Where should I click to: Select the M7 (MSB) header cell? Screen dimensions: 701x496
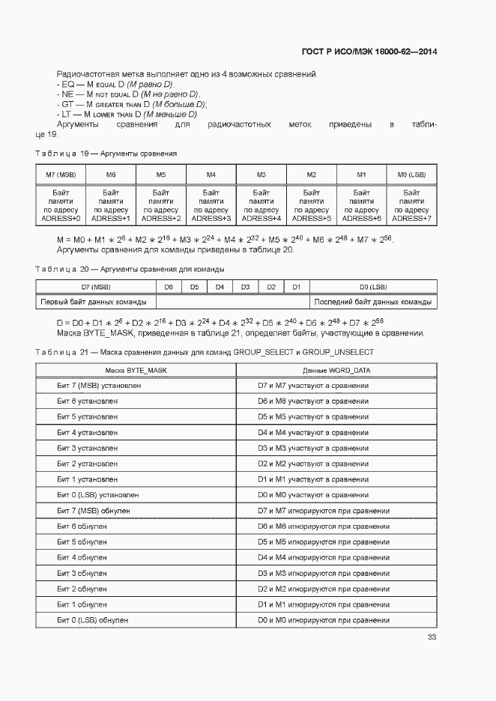point(61,175)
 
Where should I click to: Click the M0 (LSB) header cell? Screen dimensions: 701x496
point(411,175)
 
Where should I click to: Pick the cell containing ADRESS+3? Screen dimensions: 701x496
point(211,218)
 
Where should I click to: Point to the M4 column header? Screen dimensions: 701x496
point(211,175)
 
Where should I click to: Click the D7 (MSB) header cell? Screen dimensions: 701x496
point(96,287)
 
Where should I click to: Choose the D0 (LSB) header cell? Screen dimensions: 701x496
point(372,287)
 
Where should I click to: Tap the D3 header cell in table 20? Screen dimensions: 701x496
point(245,287)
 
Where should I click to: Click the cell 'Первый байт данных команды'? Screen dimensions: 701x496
point(96,302)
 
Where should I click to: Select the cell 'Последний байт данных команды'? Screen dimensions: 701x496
point(372,302)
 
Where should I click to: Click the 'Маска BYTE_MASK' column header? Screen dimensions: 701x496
point(136,371)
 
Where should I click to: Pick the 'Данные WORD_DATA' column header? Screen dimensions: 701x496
point(336,371)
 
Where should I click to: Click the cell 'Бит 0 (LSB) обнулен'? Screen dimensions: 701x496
point(93,620)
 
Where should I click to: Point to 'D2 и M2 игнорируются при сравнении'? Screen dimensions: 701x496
point(323,589)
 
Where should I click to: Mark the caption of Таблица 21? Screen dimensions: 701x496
point(204,351)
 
